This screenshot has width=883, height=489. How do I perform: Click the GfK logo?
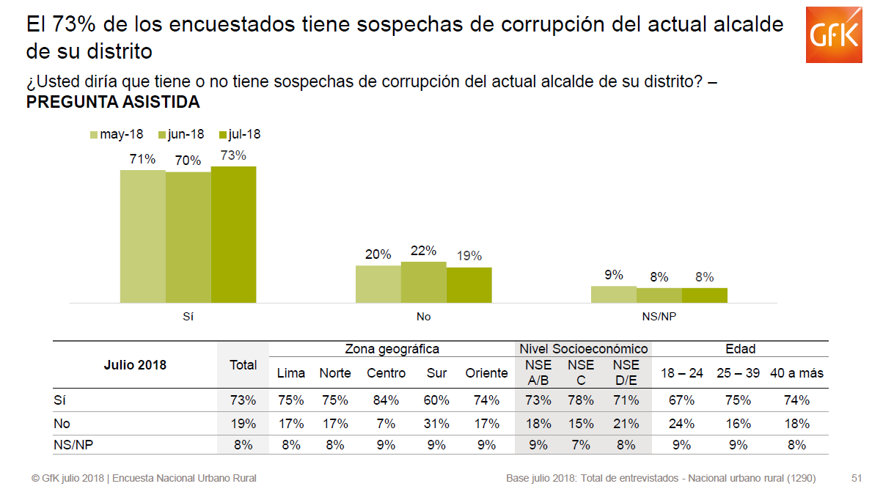pyautogui.click(x=833, y=35)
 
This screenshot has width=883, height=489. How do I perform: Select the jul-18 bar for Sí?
pyautogui.click(x=233, y=235)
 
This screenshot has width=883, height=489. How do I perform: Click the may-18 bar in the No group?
pyautogui.click(x=378, y=284)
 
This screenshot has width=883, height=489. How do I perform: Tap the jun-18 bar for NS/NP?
pyautogui.click(x=659, y=295)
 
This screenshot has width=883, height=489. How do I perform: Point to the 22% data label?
pyautogui.click(x=424, y=251)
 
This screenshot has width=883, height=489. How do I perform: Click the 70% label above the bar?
pyautogui.click(x=188, y=160)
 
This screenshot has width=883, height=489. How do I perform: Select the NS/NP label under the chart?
pyautogui.click(x=659, y=317)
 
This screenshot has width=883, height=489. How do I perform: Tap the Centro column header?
pyautogui.click(x=386, y=373)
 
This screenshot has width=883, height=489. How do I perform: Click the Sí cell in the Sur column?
pyautogui.click(x=437, y=400)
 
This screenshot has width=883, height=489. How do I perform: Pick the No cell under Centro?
pyautogui.click(x=386, y=424)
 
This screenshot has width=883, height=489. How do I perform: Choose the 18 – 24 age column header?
pyautogui.click(x=681, y=373)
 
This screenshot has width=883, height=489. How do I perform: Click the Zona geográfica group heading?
pyautogui.click(x=392, y=349)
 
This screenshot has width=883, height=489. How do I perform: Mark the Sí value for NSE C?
pyautogui.click(x=581, y=400)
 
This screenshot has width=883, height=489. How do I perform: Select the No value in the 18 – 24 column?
pyautogui.click(x=681, y=424)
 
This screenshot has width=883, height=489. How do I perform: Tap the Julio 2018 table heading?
pyautogui.click(x=136, y=365)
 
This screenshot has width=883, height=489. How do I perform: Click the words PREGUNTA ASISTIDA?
pyautogui.click(x=113, y=103)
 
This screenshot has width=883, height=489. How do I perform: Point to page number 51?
pyautogui.click(x=856, y=478)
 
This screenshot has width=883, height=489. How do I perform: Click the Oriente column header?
pyautogui.click(x=486, y=373)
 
